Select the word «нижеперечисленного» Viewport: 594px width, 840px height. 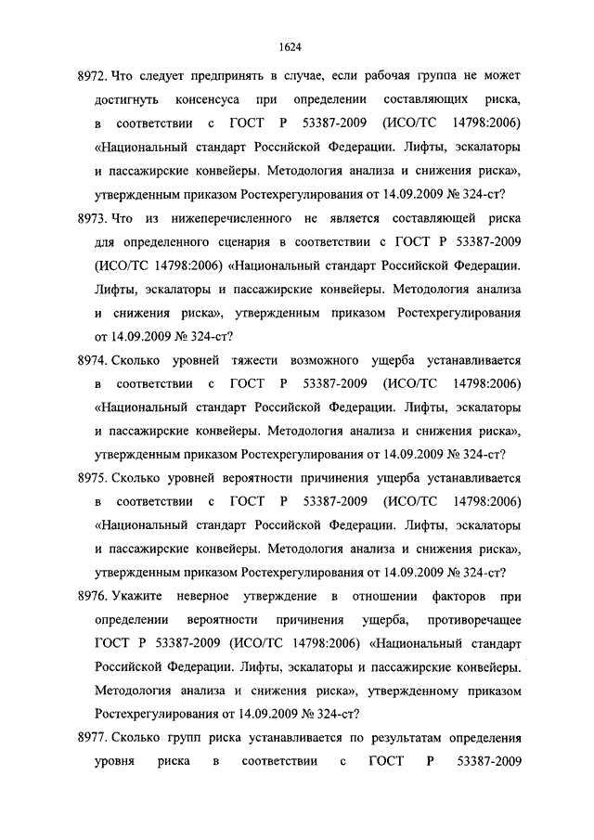point(244,218)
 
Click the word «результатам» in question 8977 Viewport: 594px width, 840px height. point(359,739)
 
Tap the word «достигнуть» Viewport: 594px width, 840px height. point(128,98)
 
